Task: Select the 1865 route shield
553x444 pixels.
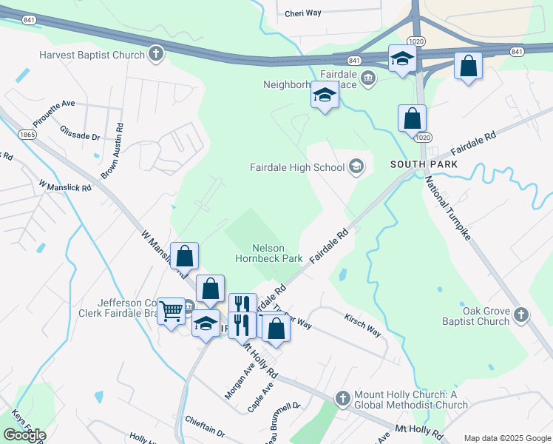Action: [x=27, y=135]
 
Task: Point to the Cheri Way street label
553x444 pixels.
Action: [x=304, y=13]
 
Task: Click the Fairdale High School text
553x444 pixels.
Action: [x=297, y=167]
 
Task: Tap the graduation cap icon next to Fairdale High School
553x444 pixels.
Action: [x=356, y=166]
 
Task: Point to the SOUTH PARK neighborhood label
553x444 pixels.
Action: [x=424, y=164]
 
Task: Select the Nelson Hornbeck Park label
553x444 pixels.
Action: [x=268, y=254]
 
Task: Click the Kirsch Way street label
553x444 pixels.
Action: [x=362, y=325]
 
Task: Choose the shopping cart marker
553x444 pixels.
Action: [x=172, y=310]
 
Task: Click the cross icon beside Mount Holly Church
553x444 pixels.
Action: [x=342, y=399]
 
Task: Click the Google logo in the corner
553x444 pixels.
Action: [x=24, y=435]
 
